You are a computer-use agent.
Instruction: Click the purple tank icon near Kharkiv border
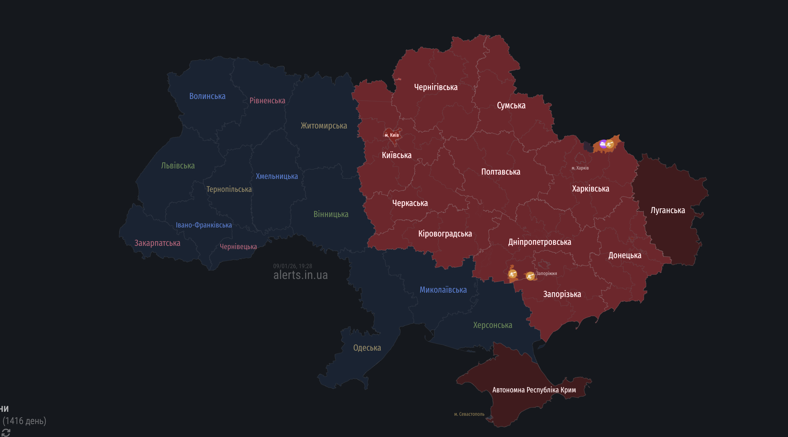(603, 144)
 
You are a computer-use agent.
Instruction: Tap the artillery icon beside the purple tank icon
(610, 144)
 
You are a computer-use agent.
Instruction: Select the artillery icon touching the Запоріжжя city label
(530, 276)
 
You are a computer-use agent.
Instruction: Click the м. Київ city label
(392, 135)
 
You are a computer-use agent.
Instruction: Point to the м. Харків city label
(580, 168)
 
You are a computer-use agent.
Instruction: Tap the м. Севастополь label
(469, 414)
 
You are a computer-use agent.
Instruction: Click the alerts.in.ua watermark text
(300, 275)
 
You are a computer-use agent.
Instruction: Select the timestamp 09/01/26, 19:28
(293, 266)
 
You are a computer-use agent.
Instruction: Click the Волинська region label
(207, 96)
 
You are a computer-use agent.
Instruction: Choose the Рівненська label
(267, 101)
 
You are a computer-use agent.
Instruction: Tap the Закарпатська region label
(157, 243)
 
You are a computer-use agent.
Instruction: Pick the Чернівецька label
(238, 247)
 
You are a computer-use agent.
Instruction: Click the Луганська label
(667, 210)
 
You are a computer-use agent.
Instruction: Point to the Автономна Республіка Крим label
(534, 390)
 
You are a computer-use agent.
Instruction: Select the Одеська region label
(367, 348)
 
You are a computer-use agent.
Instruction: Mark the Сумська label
(511, 105)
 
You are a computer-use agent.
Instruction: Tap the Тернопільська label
(229, 189)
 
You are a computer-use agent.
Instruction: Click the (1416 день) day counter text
(24, 421)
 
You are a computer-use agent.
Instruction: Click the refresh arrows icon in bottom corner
(6, 432)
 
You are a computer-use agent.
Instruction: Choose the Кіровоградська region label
(445, 234)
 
